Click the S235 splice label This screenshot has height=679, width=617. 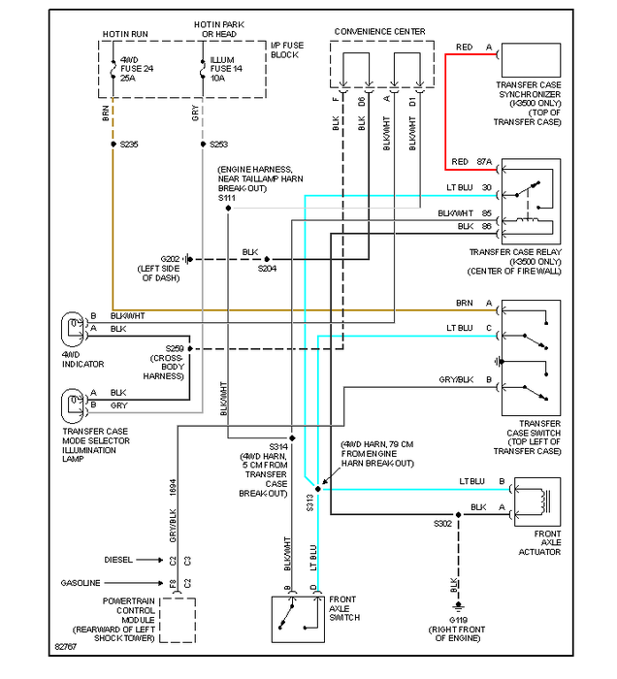130,144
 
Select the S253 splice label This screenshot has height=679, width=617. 219,144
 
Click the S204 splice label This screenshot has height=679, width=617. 267,269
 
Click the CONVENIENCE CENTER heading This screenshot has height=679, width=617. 379,32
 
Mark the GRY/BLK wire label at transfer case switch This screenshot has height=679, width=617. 455,379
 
